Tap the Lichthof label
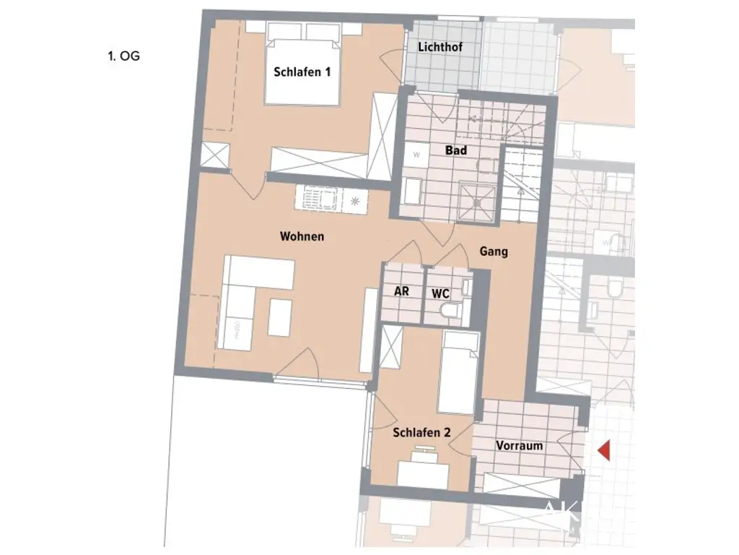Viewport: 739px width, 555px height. pos(440,47)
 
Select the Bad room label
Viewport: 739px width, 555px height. pos(455,150)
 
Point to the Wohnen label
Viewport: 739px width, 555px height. pos(302,236)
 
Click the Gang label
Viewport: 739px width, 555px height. pos(494,251)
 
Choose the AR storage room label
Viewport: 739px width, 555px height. pos(401,292)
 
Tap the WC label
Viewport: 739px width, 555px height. pos(440,293)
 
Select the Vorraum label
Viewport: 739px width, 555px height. pos(519,446)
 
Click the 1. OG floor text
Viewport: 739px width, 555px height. pos(123,56)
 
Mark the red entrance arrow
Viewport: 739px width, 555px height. pos(605,450)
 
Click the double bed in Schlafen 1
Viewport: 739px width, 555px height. pos(302,64)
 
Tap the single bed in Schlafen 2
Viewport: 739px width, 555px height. pos(459,372)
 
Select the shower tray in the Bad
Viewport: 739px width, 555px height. pos(477,194)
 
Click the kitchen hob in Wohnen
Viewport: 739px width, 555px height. pos(320,197)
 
